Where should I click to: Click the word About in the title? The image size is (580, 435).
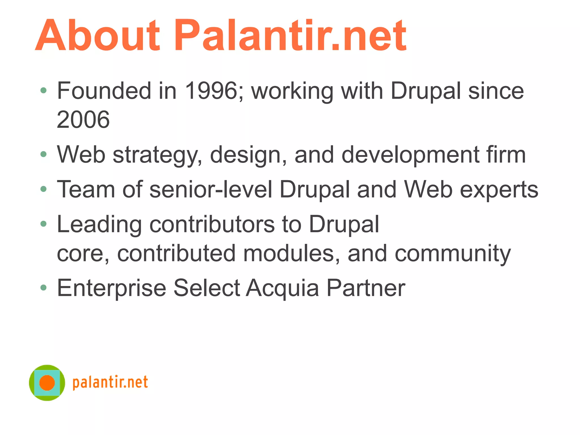coord(98,35)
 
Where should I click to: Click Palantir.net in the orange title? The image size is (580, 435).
coord(290,35)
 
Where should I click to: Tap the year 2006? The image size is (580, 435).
coord(83,120)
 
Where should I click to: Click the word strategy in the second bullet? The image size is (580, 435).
coord(157,155)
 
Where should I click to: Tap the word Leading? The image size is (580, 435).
coord(99,225)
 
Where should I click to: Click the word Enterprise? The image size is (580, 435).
coord(112,288)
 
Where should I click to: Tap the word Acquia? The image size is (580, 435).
coord(282,288)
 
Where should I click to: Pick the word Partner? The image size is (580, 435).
coord(366,288)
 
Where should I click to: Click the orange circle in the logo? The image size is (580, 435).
coord(47,383)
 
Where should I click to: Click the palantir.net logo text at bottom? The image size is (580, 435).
coord(110,383)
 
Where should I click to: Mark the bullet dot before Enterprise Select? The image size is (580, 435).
coord(43,288)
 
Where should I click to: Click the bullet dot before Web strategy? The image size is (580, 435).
coord(43,154)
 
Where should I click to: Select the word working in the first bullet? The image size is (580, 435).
coord(292,91)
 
